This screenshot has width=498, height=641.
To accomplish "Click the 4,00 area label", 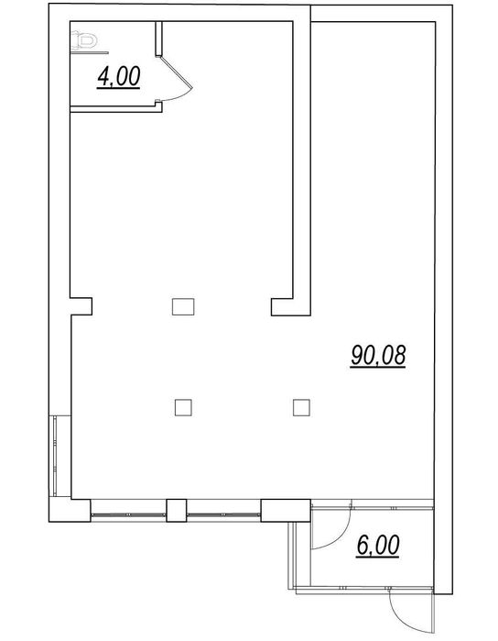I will (x=118, y=78).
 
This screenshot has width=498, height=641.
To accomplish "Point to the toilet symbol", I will (x=84, y=41).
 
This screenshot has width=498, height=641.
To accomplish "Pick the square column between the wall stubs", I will (x=182, y=305).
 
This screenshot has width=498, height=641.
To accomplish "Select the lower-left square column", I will (x=183, y=404).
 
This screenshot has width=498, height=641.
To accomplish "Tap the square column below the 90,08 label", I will (x=299, y=405).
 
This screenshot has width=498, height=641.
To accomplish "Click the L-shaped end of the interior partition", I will (x=288, y=305).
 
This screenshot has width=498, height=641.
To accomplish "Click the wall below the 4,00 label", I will (x=114, y=107).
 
